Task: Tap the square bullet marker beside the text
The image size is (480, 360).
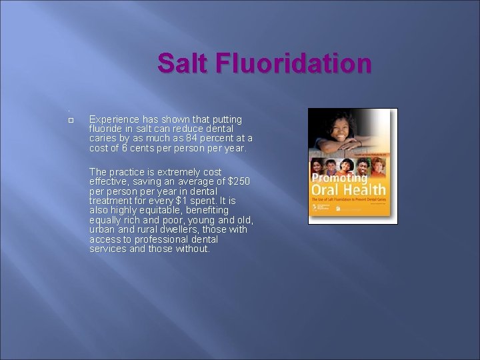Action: tap(70, 119)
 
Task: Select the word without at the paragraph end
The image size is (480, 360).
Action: tap(192, 249)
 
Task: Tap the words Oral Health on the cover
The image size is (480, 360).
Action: tap(348, 192)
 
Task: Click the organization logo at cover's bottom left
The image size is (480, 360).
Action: tap(315, 209)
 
